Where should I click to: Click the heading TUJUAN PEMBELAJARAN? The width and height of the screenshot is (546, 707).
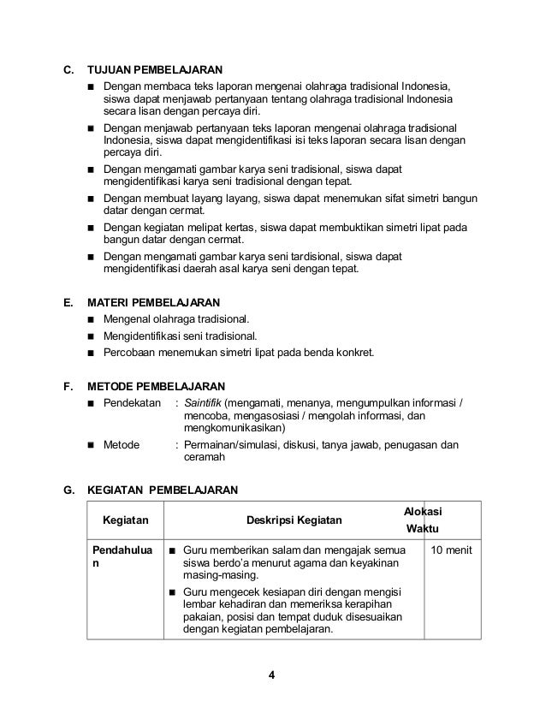(156, 68)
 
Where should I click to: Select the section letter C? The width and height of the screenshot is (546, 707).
(68, 68)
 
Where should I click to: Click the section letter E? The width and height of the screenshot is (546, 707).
(68, 302)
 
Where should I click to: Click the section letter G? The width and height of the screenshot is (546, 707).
(68, 490)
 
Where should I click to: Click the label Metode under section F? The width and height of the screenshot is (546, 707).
(122, 445)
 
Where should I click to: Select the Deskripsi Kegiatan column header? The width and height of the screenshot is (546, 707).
(294, 520)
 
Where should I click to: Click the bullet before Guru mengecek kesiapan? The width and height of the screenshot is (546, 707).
(172, 592)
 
